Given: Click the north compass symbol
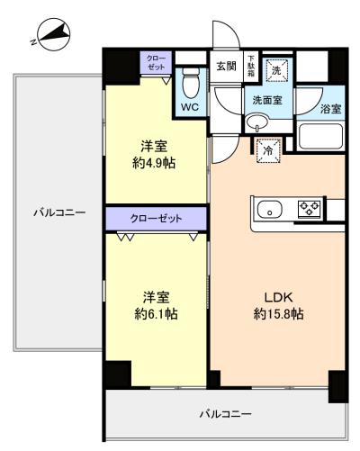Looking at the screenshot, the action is [x=54, y=35].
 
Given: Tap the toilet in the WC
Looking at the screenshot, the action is [x=191, y=83].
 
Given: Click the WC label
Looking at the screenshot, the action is [x=190, y=107].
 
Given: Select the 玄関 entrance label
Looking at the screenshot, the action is [x=226, y=66].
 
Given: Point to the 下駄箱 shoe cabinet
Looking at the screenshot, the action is [x=251, y=66].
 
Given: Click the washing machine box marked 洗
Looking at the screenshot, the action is [x=276, y=70].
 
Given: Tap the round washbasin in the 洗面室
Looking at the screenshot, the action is [x=257, y=122].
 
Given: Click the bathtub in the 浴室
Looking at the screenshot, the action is [x=320, y=136].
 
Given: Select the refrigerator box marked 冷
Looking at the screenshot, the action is [x=268, y=150].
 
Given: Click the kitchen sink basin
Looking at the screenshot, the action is [x=270, y=209].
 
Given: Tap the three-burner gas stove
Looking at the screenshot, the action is [x=309, y=209].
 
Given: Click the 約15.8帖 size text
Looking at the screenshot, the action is [x=278, y=314].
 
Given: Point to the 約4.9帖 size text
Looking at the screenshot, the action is [x=154, y=163].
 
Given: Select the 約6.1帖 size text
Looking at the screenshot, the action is [x=156, y=314].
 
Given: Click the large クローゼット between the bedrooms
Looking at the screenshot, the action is [x=156, y=219].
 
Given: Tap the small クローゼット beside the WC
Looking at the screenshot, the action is [x=157, y=62].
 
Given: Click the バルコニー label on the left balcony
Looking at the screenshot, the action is [x=59, y=213].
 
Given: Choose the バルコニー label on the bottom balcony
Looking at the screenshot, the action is [x=226, y=414].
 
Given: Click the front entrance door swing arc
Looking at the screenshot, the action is [x=232, y=29].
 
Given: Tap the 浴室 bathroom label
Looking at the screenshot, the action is [x=330, y=109].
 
